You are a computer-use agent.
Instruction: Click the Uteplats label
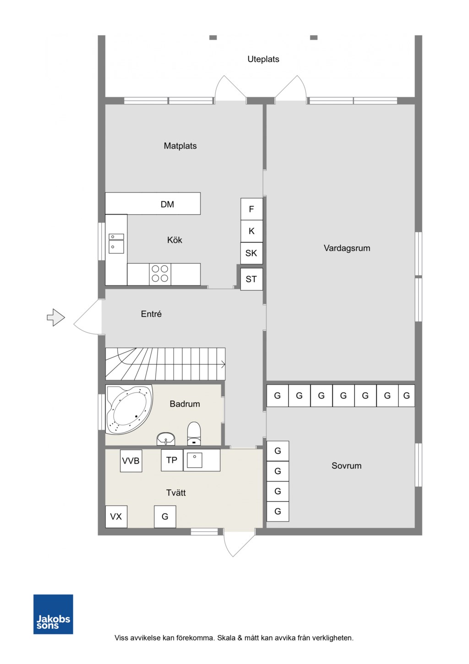point(263,59)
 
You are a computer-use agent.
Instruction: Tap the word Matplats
point(180,145)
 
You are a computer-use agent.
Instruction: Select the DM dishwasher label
point(167,204)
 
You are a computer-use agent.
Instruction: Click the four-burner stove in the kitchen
point(160,274)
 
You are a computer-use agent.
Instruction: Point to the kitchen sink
point(116,243)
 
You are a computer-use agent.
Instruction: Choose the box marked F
point(251,209)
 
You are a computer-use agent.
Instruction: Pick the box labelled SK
point(251,253)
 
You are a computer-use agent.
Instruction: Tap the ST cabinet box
point(251,279)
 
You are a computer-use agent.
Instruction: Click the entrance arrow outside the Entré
point(56,317)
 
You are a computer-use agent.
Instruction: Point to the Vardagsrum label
point(347,248)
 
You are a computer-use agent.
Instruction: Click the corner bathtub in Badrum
point(129,409)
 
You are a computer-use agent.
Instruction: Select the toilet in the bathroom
point(194,433)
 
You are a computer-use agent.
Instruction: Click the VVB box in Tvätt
point(131,461)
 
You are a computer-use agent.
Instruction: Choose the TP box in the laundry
point(172,460)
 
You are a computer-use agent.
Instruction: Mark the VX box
point(116,517)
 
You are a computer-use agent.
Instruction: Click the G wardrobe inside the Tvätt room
point(165,517)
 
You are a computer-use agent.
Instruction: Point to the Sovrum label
point(346,465)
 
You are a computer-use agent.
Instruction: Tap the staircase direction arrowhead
point(224,364)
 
